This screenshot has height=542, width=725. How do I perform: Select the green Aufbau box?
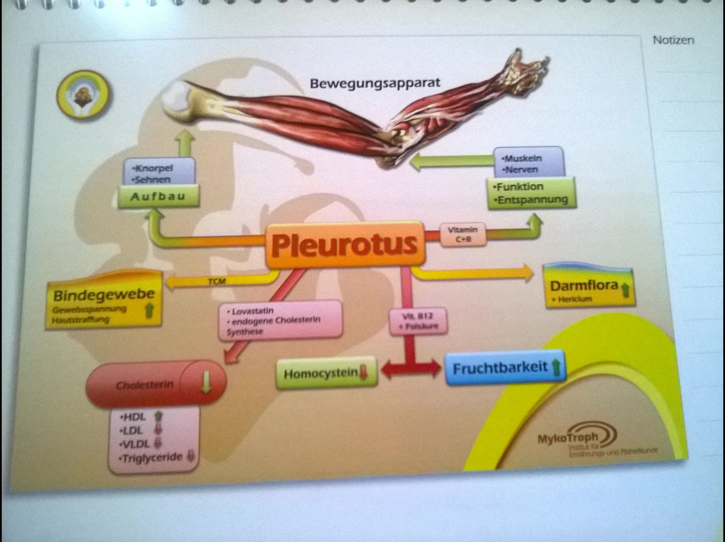[158, 197]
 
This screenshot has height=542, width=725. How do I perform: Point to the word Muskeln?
[522, 159]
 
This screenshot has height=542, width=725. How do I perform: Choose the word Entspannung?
[532, 200]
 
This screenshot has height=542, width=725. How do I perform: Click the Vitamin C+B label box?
[463, 234]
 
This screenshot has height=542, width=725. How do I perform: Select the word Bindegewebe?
[104, 295]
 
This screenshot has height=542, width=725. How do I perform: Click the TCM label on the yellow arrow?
[217, 282]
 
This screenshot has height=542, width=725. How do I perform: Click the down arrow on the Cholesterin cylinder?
[206, 382]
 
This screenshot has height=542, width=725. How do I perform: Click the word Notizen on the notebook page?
[673, 40]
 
